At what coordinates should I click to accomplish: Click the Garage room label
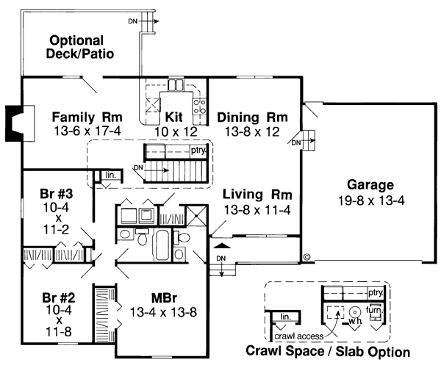(x=371, y=185)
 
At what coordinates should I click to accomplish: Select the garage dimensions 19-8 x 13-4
(x=371, y=199)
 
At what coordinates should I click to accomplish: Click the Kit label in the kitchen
(x=173, y=118)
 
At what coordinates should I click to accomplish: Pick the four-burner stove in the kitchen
(x=198, y=107)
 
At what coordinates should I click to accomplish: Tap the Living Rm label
(x=258, y=195)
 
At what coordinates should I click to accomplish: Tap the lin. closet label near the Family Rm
(x=110, y=175)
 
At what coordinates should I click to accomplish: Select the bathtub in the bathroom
(x=161, y=245)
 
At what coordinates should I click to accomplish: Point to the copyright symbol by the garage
(x=306, y=257)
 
